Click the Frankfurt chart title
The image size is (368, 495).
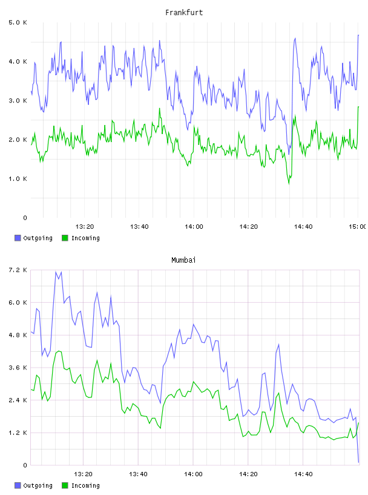(184, 13)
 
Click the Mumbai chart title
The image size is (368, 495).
(183, 260)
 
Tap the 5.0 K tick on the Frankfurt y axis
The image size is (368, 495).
(18, 22)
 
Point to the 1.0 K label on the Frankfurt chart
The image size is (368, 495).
(18, 179)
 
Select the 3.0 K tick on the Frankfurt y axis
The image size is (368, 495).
(18, 101)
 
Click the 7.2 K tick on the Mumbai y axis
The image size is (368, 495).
(18, 270)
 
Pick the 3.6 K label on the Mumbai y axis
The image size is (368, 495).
(18, 368)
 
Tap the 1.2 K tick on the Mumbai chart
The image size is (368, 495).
(18, 433)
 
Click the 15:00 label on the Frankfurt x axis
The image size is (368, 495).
(358, 226)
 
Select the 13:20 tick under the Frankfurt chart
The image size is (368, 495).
(85, 226)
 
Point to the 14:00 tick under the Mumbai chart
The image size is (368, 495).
(194, 474)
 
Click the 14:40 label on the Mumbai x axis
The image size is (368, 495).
(303, 474)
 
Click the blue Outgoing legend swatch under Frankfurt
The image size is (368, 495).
(18, 238)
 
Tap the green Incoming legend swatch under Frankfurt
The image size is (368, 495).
(65, 238)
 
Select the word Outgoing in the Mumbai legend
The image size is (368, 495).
(38, 485)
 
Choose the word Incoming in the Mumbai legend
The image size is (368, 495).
(85, 485)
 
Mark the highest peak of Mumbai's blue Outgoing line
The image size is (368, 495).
(56, 272)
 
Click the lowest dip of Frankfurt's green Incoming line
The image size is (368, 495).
(289, 184)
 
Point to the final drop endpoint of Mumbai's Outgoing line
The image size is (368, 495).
(358, 462)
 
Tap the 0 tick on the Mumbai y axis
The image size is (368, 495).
(25, 465)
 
